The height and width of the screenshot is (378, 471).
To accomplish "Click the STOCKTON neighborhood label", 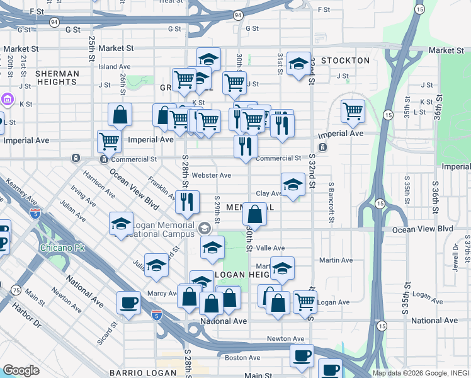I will coord(344,60).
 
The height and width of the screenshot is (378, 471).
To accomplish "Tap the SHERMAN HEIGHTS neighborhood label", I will coord(57,78).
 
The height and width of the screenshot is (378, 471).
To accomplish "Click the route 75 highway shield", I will coord(14,289).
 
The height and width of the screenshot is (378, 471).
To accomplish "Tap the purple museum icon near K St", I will coord(8,99).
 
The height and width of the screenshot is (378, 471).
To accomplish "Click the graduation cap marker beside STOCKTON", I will coord(298,64).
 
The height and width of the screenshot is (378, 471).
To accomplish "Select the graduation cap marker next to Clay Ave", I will coord(293,185).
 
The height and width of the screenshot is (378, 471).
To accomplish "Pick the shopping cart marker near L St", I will coord(353,112).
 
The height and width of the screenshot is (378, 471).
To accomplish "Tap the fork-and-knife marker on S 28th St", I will coord(186,202).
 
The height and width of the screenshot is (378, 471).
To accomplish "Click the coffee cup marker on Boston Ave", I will coord(302,355).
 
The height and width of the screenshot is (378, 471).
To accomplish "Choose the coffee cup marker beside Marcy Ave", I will coord(128,302).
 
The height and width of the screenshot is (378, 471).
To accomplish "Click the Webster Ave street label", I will coord(212,175).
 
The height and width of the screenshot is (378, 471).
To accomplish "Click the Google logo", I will coord(21,371).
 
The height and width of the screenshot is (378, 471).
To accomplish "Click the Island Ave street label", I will coord(114,66).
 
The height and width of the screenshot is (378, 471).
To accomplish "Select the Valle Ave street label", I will coord(270,248).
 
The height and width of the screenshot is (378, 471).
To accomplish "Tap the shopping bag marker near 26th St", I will coord(120,115).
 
